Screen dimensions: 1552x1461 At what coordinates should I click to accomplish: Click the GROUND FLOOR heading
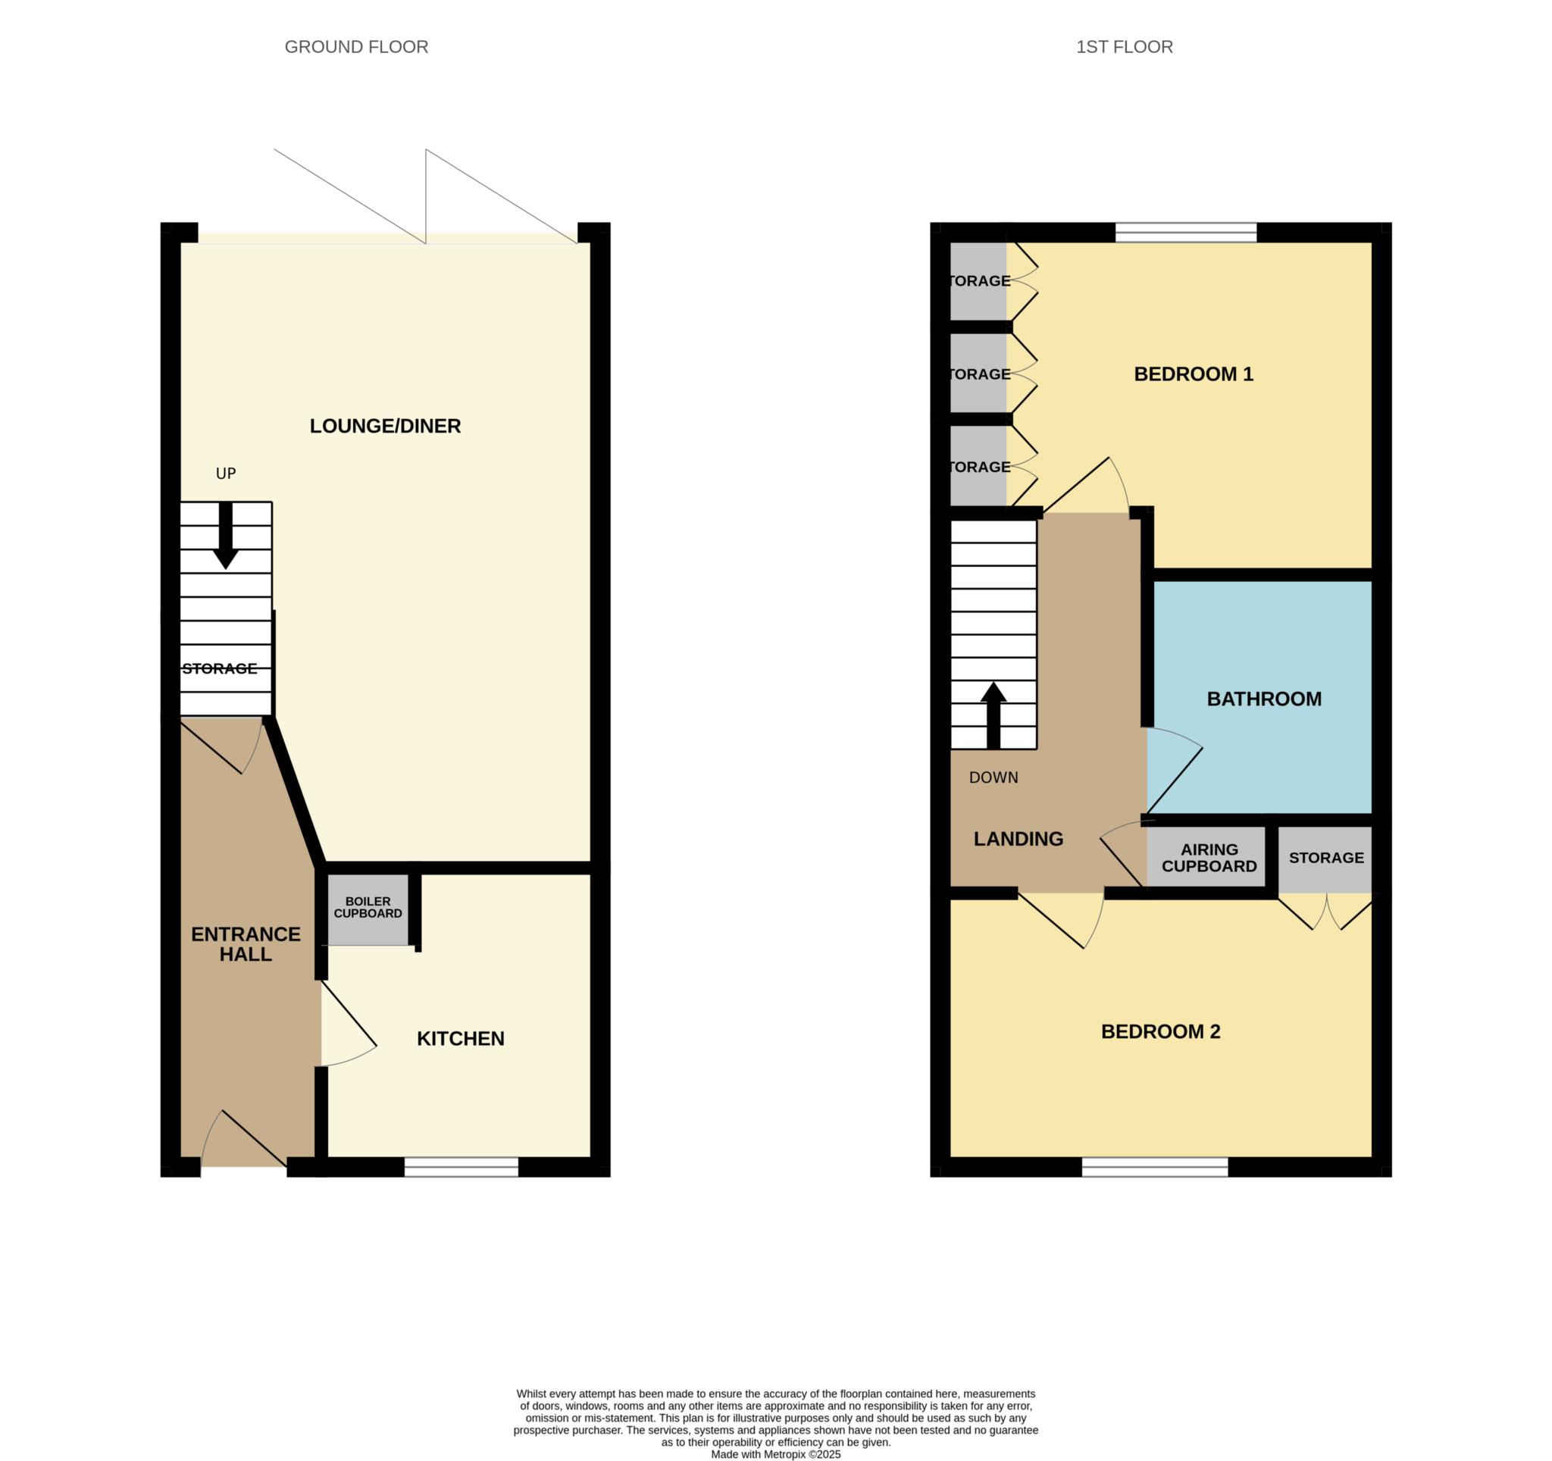point(356,47)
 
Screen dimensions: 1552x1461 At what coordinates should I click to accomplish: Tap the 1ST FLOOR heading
point(1124,47)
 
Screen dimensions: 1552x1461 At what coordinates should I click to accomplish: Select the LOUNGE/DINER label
point(385,426)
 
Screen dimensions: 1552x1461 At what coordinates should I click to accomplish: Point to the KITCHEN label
point(461,1039)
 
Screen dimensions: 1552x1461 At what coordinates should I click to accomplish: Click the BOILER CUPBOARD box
point(368,909)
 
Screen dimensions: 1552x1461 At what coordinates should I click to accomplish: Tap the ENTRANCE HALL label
point(246,944)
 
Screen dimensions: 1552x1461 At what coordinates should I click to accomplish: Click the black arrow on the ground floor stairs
point(226,536)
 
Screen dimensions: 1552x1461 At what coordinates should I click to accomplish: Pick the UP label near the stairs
point(226,474)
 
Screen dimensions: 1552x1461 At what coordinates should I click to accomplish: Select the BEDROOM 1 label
point(1194,374)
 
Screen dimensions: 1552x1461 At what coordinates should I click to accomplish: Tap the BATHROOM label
point(1264,699)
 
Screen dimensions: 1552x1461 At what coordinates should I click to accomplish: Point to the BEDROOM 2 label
point(1160,1032)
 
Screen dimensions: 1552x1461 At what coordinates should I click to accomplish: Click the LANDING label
point(1018,839)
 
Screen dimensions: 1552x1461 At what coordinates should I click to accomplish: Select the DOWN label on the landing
point(993,778)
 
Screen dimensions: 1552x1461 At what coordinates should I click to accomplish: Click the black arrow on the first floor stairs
point(993,716)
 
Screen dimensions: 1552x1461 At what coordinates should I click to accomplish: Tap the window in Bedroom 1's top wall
point(1186,233)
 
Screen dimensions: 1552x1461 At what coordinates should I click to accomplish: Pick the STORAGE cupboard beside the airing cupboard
point(1325,859)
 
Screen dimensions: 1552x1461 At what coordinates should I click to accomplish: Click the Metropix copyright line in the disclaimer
point(775,1455)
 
